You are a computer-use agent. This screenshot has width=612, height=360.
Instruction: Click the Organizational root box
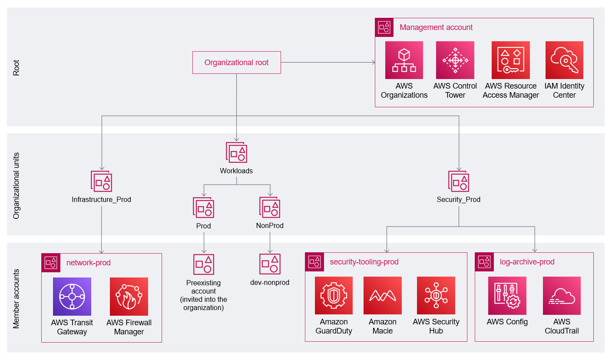coord(236,63)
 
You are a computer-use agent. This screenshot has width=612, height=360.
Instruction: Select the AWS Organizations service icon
coord(404,60)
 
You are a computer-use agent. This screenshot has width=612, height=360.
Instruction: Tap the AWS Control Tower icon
coord(455,60)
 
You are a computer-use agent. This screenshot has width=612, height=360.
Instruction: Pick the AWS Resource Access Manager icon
coord(510,60)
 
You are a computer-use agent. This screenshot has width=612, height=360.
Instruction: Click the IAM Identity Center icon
coord(564,60)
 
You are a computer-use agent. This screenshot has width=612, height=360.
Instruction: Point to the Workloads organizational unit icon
coord(236,152)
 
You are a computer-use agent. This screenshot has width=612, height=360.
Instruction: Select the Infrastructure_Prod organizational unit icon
coord(101,181)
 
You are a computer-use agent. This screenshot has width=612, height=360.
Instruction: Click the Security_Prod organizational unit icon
coord(459,181)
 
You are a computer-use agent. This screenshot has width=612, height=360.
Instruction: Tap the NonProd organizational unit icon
coord(270,207)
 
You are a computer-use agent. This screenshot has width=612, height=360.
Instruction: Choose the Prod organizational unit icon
coord(203,207)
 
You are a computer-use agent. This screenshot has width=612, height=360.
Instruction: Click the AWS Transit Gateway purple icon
coord(72,297)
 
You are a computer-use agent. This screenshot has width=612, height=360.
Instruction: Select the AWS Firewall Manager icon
coord(129,297)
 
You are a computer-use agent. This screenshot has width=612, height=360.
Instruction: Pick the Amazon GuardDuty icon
coord(334,296)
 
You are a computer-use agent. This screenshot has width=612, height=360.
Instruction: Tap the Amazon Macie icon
coord(382,296)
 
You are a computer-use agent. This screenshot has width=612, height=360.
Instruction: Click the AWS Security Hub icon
coord(436,296)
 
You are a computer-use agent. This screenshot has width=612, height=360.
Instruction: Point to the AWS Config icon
coord(507,296)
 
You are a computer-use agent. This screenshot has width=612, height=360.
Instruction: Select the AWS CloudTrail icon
coord(562,296)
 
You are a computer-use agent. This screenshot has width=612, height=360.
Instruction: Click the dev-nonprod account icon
coord(270,264)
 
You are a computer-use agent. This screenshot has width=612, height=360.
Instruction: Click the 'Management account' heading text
coord(436,27)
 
